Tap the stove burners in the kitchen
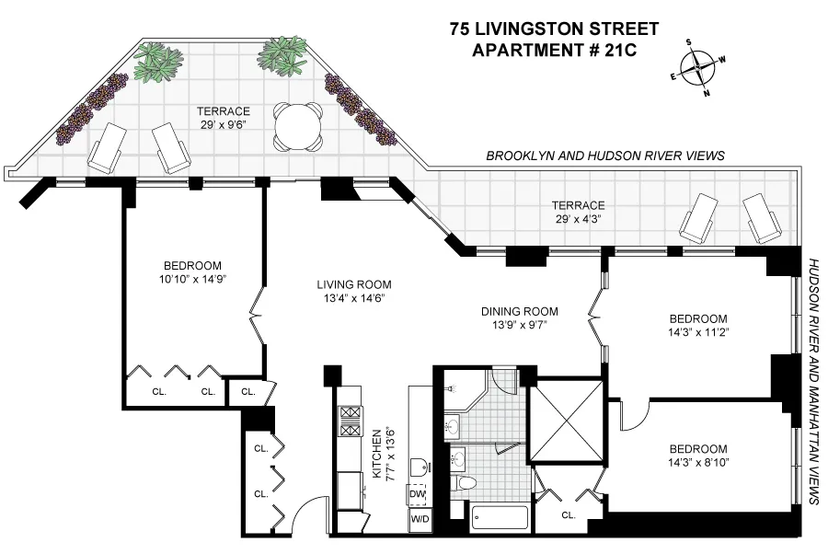click(351, 421)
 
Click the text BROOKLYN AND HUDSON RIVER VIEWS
click(605, 156)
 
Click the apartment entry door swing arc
click(308, 512)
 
